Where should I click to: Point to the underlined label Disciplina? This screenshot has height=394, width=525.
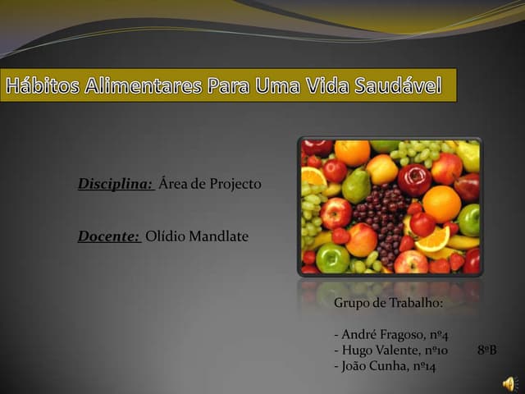(x=116, y=184)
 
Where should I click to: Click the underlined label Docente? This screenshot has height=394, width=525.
(x=109, y=236)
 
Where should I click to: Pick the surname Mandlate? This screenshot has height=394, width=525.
(x=218, y=236)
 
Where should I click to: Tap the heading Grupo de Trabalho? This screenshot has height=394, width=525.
(x=388, y=303)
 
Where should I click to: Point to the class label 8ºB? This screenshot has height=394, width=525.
(x=486, y=350)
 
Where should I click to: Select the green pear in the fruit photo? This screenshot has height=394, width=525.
(x=356, y=186)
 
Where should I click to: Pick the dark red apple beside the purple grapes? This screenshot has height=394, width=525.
(x=414, y=180)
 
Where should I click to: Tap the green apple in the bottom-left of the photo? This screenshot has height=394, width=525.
(x=332, y=259)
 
